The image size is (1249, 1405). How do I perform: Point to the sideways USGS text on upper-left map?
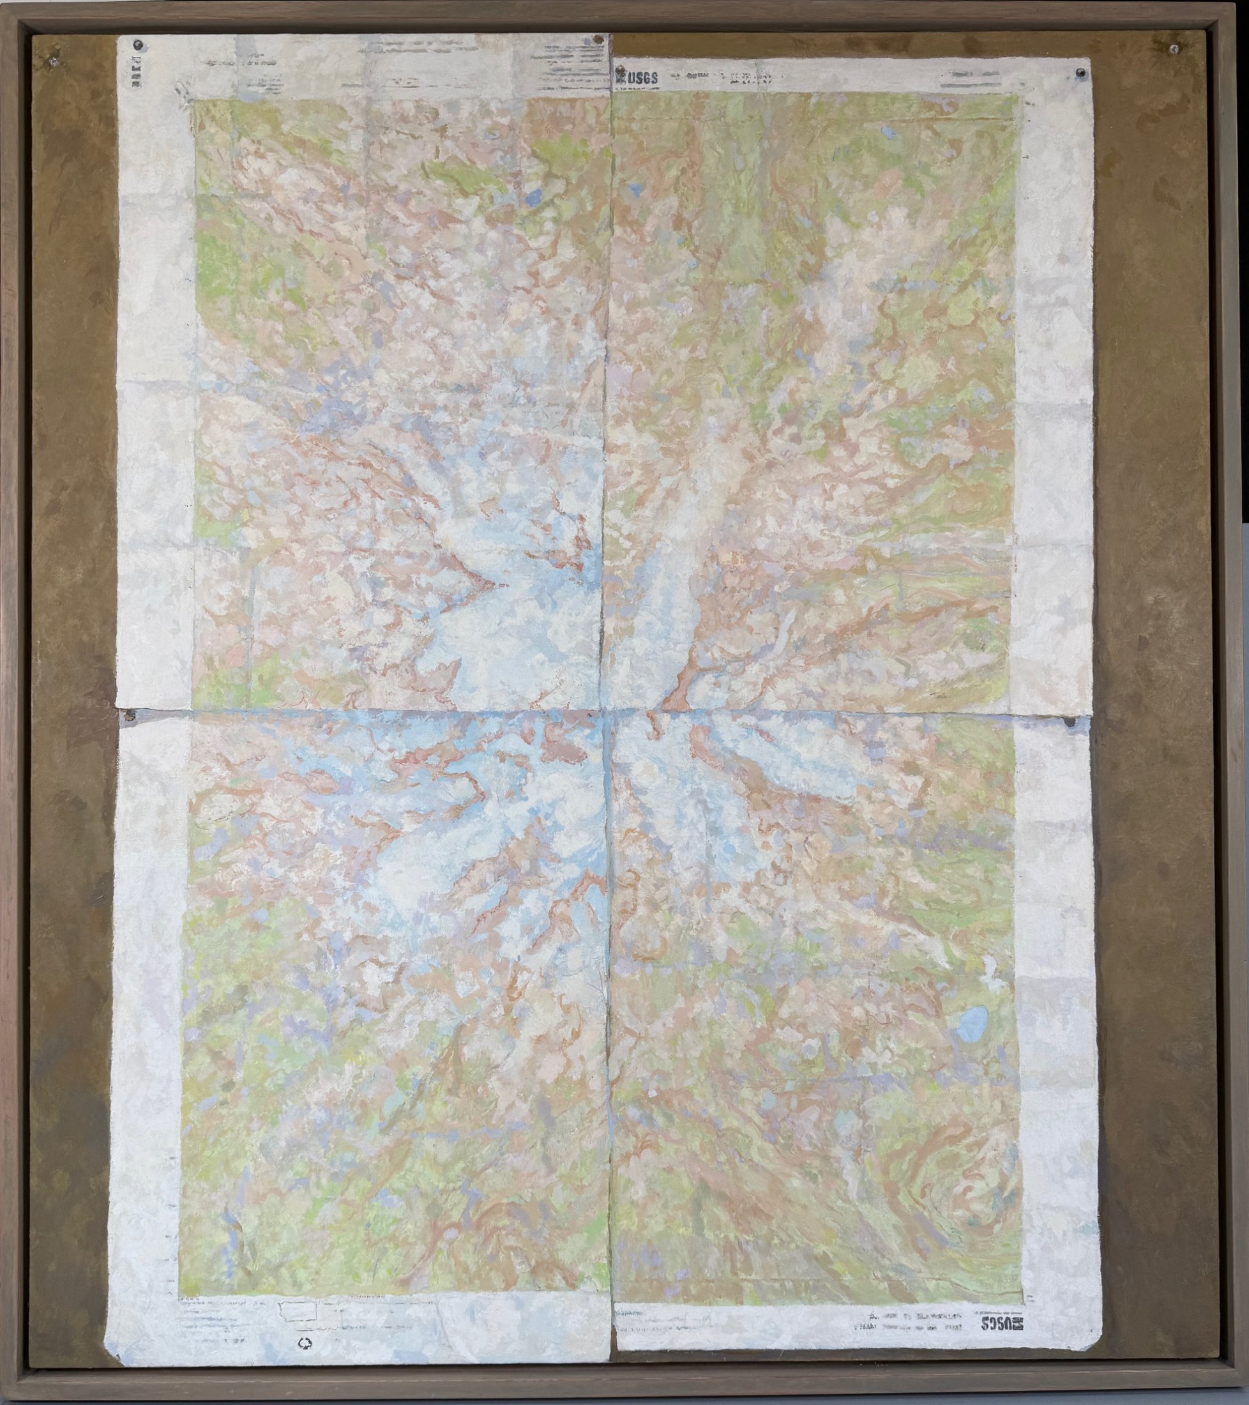coord(127,73)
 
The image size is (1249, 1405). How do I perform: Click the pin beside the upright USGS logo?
coord(619,72)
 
